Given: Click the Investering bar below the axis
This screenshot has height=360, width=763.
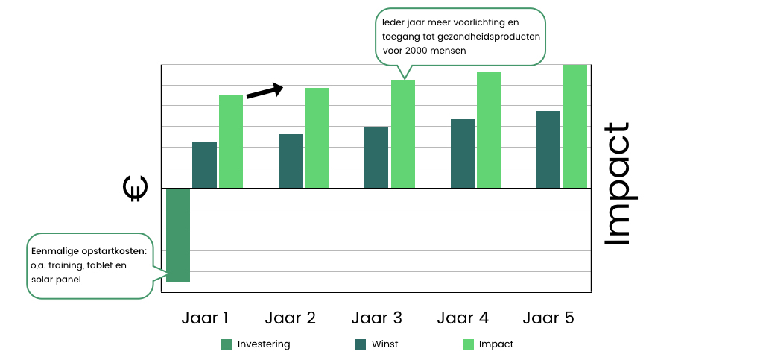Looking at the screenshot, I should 177,235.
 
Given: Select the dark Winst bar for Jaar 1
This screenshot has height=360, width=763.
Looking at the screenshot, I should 204,165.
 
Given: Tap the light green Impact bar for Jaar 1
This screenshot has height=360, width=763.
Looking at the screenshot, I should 231,142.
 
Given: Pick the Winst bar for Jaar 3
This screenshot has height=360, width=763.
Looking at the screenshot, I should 377,157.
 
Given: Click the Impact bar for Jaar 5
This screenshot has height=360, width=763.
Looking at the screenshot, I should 574,126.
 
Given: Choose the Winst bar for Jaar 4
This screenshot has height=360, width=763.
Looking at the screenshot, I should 463,153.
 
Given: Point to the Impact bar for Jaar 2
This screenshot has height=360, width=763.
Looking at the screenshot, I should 317,138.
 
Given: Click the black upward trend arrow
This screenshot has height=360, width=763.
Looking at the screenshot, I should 265,91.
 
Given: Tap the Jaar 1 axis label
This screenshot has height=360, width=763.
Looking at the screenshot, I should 205,318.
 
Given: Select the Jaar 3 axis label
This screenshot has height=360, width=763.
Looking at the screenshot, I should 377,318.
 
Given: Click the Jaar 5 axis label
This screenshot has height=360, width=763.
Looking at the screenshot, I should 548,318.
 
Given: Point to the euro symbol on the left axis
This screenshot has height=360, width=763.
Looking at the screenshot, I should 135,189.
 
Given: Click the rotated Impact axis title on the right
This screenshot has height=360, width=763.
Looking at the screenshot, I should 616,183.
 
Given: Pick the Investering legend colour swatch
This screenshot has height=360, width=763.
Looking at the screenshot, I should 227,344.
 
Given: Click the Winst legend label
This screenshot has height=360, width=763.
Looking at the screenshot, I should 385,344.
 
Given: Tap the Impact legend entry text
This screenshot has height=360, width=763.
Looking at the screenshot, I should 496,344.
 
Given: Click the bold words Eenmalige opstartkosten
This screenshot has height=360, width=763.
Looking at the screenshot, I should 89,250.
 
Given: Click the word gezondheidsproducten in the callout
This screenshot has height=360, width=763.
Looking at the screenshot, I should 493,37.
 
